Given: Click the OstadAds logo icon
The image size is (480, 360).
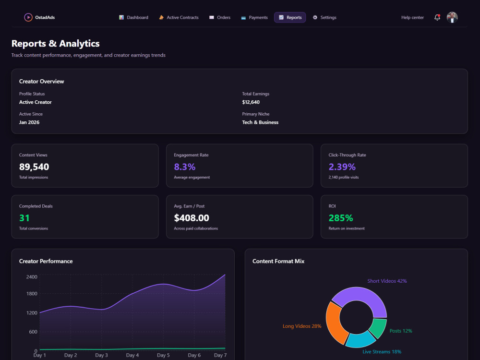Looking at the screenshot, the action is coord(28,17).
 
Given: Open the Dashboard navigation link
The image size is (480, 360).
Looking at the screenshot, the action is coord(133,17).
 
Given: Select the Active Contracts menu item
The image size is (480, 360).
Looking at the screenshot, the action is coord(179,17).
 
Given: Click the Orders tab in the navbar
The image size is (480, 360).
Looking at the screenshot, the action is coord(220,17).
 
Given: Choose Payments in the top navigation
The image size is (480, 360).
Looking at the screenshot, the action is coord(254,17).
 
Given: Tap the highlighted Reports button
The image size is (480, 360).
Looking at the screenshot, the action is coord(290,17).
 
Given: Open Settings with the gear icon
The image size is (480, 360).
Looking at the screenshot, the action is coord(324,17).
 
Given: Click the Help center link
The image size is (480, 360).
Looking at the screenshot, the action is coord(412,17).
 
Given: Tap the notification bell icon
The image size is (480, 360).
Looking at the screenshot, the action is coord(437,17).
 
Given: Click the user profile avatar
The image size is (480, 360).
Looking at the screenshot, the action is coord(452,17).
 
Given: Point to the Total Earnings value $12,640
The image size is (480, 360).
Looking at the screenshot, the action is coord(251,102).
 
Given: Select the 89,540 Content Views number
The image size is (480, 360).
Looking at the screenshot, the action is coord(34,167).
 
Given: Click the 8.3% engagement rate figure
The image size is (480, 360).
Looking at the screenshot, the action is coord(185,167).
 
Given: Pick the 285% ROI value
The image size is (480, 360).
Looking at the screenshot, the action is coord(341,218).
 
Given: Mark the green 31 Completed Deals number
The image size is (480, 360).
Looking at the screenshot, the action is coord(24,218).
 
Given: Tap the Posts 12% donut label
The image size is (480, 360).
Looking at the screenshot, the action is coord(401,331).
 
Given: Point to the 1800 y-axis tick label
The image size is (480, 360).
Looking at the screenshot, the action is coord(32,294).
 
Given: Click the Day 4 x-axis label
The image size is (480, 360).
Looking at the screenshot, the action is coord(132,355).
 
